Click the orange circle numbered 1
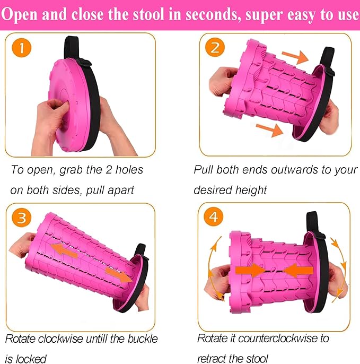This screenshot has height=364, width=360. click(x=21, y=48)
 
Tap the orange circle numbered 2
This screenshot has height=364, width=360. click(x=215, y=48)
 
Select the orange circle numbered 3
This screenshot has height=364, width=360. click(x=22, y=218)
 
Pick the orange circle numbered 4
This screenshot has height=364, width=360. click(x=213, y=216)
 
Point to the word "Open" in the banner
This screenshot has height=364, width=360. click(x=20, y=15)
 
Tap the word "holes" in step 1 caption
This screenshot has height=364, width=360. click(x=129, y=170)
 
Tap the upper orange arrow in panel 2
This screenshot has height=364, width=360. click(x=295, y=57)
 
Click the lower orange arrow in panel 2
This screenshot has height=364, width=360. click(x=269, y=130)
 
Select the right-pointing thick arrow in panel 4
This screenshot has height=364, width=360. click(x=250, y=270)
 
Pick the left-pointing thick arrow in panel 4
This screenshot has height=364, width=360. click(x=298, y=271)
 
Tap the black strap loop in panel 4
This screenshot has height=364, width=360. click(x=313, y=222)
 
